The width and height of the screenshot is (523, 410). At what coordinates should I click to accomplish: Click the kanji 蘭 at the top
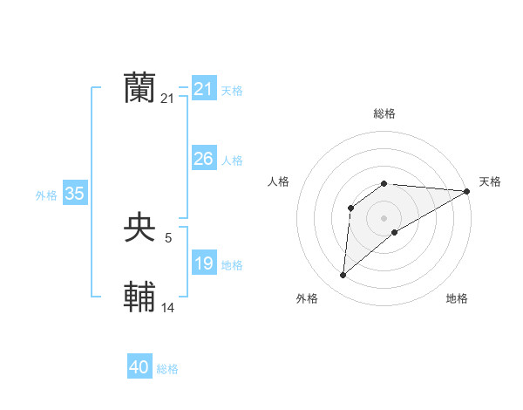click(139, 89)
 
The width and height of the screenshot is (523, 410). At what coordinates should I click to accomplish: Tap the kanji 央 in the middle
click(139, 228)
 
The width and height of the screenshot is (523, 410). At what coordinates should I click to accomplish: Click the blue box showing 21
click(204, 89)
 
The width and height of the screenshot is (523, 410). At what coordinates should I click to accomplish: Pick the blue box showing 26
click(204, 158)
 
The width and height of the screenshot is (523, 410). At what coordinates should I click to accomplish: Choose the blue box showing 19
click(204, 263)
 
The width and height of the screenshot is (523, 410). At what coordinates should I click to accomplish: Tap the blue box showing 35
click(75, 194)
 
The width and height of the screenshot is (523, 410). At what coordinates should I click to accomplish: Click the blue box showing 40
click(139, 367)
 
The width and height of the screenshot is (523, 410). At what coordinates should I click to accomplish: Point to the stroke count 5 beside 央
click(167, 236)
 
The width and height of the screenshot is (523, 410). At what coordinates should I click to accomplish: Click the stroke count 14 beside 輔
click(168, 306)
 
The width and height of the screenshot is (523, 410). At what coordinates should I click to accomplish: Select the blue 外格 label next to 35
click(46, 195)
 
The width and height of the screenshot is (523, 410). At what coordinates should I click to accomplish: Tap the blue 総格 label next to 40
click(167, 369)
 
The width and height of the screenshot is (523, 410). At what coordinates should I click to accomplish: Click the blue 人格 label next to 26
click(232, 161)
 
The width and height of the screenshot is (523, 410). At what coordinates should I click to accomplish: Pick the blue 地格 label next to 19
click(232, 265)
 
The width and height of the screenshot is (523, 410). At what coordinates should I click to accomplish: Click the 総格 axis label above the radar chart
click(384, 113)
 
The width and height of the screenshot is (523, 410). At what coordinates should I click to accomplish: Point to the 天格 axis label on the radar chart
click(490, 181)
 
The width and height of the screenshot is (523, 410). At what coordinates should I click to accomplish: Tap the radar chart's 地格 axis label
click(457, 298)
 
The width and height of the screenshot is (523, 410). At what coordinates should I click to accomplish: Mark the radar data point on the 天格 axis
click(466, 191)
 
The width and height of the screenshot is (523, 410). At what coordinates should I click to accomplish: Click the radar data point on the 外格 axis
click(343, 276)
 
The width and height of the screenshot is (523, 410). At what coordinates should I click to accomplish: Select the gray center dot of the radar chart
click(384, 218)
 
